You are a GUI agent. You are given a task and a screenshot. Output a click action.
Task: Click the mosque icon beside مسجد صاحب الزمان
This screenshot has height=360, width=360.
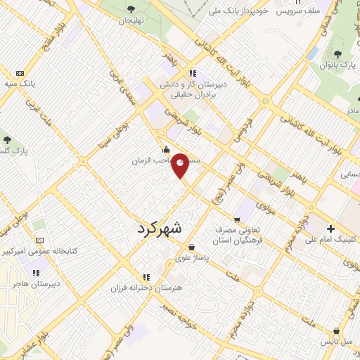coord(166,149)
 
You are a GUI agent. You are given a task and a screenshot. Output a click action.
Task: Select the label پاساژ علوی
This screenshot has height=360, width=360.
coord(192,258)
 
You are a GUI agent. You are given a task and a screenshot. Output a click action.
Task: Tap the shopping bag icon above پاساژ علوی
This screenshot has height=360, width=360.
coord(192,247)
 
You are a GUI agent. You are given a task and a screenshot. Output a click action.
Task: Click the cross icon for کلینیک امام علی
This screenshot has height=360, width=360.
coord(330,229)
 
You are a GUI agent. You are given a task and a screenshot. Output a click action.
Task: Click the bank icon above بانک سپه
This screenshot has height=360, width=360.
coord(20,73)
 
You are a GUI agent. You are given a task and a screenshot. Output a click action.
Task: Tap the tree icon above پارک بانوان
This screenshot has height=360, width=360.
coord(339,54)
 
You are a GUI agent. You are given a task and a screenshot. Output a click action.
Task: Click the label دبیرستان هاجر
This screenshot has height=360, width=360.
coord(34,284)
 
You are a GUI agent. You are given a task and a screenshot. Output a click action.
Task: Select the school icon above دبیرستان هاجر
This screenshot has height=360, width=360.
coord(34,273)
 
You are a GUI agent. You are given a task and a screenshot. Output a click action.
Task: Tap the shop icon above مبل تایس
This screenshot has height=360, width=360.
coord(337,331)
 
